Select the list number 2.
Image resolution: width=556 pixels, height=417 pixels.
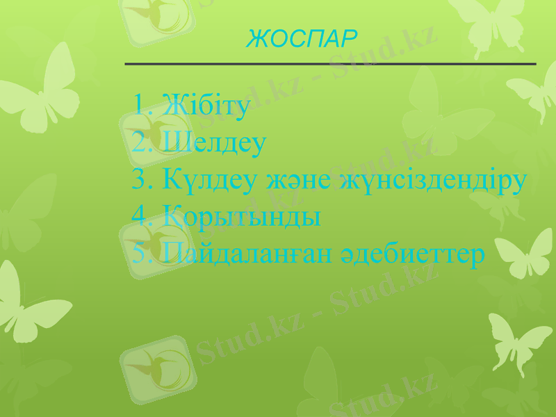(x=139, y=143)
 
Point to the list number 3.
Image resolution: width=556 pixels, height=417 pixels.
(x=139, y=180)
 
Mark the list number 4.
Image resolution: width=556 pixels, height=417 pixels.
(x=139, y=216)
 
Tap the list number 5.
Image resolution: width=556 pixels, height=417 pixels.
(x=139, y=254)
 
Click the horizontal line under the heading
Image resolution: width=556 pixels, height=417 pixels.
(x=330, y=64)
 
